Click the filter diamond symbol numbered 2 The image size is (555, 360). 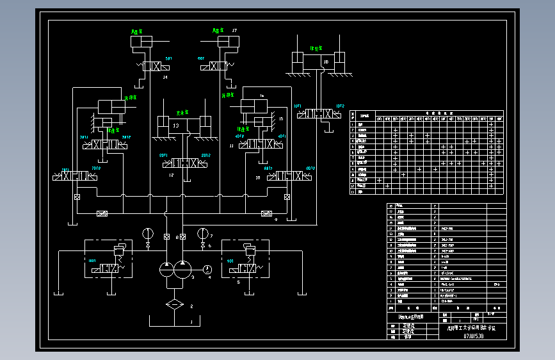coord(173,304)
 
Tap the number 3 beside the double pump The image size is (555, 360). coord(193,277)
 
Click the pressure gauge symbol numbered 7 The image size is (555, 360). coord(203,233)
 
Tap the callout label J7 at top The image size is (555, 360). coord(234,31)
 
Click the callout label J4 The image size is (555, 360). coord(165,78)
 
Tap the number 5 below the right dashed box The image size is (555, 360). coord(238,281)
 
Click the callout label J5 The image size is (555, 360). coord(281,119)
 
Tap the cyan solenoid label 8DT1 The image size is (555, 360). coord(163,155)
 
